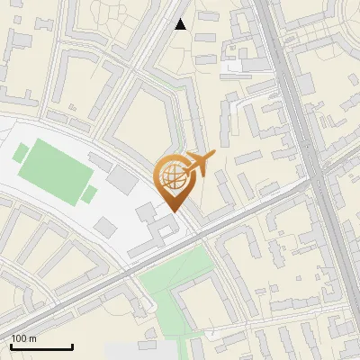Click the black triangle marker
(x=181, y=24)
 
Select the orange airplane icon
(x=201, y=164)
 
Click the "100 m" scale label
(x=23, y=338)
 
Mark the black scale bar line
(x=41, y=346)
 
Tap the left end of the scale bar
(x=11, y=346)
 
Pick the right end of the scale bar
(x=72, y=346)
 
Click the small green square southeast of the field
(x=89, y=193)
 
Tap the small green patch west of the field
(x=20, y=153)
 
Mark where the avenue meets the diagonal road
(x=316, y=179)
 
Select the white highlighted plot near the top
(x=233, y=66)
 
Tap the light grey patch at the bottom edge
(x=135, y=351)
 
